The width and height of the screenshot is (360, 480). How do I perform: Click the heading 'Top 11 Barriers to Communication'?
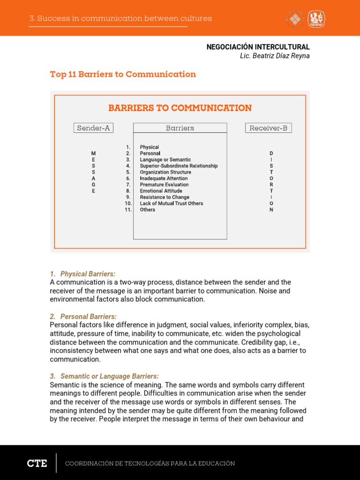(x=123, y=75)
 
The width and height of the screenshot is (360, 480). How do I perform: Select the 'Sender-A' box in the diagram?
(x=93, y=128)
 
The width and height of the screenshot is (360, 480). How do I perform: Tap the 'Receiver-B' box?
(x=268, y=128)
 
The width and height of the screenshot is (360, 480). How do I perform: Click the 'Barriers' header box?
(x=180, y=128)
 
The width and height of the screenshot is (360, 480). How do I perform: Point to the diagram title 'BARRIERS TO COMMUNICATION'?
(x=180, y=108)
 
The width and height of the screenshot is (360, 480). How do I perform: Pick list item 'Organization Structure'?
(x=165, y=172)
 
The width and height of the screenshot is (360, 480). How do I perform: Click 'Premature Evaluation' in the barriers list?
(x=164, y=185)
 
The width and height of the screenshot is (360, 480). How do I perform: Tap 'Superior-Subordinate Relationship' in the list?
(x=179, y=166)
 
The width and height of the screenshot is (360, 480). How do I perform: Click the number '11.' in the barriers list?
(x=128, y=210)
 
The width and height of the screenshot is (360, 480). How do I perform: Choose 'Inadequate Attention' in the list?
(x=164, y=179)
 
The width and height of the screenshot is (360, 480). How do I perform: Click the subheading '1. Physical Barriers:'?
(x=83, y=274)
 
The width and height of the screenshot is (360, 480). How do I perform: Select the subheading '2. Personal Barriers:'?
(x=83, y=316)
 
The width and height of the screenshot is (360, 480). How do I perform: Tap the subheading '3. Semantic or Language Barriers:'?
(x=105, y=376)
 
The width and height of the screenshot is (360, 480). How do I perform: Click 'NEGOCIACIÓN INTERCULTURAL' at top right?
(x=258, y=47)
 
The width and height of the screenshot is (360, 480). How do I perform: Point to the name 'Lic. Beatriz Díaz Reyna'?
(x=274, y=56)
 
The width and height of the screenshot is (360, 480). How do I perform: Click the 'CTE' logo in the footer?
(x=37, y=463)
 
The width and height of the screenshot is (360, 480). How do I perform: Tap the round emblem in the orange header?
(x=295, y=19)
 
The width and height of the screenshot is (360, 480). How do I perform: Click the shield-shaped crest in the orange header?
(x=316, y=19)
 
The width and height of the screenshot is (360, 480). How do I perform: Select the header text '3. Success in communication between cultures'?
(x=120, y=19)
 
